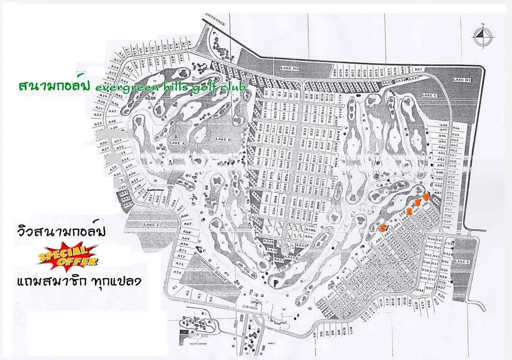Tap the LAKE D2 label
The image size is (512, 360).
(290, 68)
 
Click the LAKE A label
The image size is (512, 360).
(179, 143)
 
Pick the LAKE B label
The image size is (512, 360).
(222, 139)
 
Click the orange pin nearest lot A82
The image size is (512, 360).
(383, 227)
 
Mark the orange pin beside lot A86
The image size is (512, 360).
(426, 196)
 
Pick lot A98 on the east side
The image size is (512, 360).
(444, 124)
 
